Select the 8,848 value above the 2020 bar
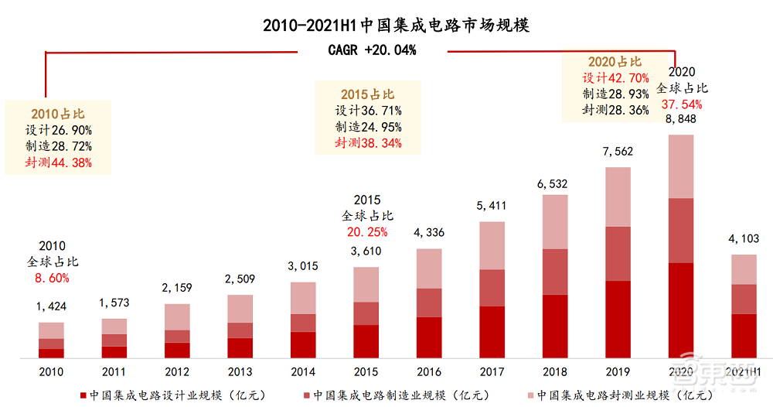(x=681, y=118)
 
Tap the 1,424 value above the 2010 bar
(x=52, y=306)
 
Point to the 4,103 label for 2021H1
(x=743, y=239)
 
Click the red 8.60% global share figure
(x=52, y=277)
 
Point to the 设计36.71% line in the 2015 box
(x=368, y=111)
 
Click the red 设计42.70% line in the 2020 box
(x=615, y=77)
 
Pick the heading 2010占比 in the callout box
(x=57, y=114)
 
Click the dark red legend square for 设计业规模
(x=83, y=395)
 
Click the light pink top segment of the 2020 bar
(x=681, y=166)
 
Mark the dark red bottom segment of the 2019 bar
(x=618, y=319)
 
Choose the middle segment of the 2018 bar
(x=555, y=272)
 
